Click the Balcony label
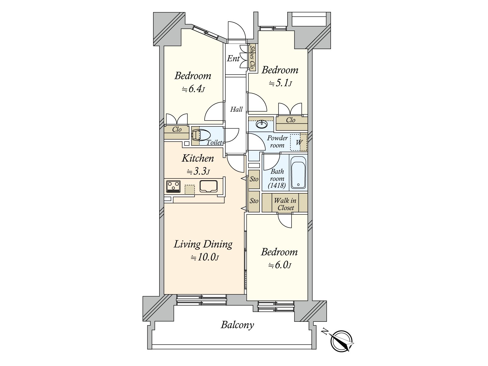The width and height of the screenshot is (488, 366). [x=237, y=325]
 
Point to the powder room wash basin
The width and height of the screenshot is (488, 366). [x=262, y=124]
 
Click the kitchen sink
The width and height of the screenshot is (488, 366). [x=208, y=186]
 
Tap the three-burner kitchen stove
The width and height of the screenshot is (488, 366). [x=173, y=187]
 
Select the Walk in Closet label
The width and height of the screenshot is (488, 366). [x=285, y=204]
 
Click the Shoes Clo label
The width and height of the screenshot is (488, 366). [x=252, y=57]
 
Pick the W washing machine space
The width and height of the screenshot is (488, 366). [x=299, y=142]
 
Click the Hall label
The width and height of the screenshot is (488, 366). [x=236, y=109]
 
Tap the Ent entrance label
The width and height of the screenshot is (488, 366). [x=233, y=59]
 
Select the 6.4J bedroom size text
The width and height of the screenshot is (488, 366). [x=193, y=89]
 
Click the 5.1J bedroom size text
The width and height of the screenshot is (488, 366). [x=280, y=83]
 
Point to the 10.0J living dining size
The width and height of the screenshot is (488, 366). [x=205, y=257]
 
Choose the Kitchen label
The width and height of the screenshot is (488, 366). [x=198, y=158]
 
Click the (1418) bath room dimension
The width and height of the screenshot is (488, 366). [x=277, y=185]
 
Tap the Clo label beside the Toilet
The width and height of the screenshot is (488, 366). [x=177, y=129]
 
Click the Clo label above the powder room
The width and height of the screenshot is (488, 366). [x=291, y=120]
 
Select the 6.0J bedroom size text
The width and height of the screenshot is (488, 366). [x=280, y=265]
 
